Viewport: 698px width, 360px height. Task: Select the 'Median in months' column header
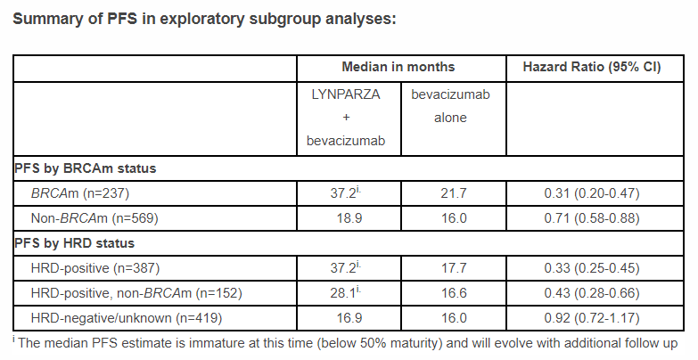398,67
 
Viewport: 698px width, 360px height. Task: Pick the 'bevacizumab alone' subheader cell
450,105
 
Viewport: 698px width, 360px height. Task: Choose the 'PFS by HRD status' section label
76,242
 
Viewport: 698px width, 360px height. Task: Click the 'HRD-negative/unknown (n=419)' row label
130,317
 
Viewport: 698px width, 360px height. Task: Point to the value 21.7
450,192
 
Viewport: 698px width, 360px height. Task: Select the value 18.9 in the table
349,217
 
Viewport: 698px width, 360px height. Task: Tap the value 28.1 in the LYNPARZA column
347,292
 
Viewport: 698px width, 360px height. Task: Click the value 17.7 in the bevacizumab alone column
450,267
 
